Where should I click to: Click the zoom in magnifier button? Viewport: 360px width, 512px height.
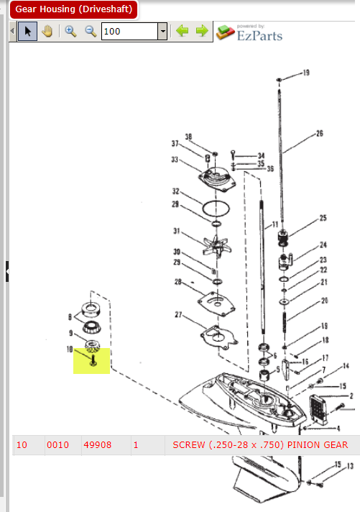coord(70,32)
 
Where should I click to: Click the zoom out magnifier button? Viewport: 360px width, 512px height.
coord(91,32)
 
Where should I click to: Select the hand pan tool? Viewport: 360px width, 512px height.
coord(47,32)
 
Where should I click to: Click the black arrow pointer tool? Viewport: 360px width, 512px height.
coord(28,32)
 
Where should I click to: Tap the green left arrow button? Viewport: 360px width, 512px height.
coord(182,31)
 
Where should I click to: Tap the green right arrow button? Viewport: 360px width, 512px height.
coord(202,31)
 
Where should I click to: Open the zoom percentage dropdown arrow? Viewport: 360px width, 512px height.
coord(162,32)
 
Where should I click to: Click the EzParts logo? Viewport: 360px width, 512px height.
coord(249,33)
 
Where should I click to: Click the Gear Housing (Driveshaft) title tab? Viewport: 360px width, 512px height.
coord(74,9)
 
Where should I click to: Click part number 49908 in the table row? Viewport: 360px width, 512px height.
coord(97,444)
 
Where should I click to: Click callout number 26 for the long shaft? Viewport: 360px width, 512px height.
coord(320,133)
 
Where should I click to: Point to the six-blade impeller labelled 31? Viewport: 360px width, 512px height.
coord(217,246)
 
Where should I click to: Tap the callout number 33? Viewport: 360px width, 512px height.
coord(175,160)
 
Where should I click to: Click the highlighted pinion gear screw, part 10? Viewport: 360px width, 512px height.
coord(93,360)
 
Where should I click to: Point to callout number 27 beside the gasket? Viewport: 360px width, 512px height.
coord(178,314)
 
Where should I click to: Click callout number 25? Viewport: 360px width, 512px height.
coord(323,218)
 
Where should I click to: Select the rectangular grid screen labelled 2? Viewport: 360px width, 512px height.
coord(318,409)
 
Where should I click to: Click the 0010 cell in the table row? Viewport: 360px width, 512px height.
coord(57,444)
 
